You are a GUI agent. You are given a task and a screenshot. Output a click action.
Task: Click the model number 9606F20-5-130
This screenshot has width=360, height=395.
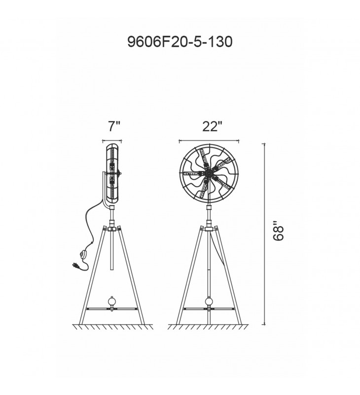point(180,41)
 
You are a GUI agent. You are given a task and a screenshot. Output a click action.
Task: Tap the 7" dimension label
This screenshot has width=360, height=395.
point(114,126)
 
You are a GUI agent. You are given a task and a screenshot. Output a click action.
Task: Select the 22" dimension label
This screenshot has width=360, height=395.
point(213,126)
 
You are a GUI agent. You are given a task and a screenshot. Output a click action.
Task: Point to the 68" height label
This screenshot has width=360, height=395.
point(278,231)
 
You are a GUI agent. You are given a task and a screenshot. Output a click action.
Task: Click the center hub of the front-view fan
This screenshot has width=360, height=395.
point(209,173)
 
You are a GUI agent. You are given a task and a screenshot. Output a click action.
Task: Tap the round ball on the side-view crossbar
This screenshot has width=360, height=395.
point(111,301)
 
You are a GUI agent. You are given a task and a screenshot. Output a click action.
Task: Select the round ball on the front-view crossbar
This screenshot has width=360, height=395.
point(209,301)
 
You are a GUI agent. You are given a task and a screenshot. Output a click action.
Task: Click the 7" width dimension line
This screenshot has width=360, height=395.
point(112,141)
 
